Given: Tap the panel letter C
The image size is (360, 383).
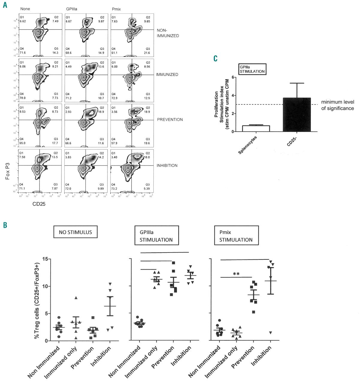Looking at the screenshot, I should [x=215, y=58].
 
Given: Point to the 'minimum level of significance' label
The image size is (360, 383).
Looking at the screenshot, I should [x=337, y=105].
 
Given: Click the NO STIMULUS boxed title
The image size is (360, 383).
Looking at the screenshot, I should [x=75, y=232].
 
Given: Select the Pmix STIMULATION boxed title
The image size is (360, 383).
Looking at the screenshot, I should [x=236, y=236].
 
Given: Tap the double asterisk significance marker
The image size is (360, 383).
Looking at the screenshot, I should [x=236, y=274].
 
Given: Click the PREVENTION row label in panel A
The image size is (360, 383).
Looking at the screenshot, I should [x=170, y=120].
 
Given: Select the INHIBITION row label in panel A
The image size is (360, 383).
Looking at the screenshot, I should [x=167, y=165].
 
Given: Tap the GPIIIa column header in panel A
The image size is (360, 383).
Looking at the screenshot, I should [x=72, y=9].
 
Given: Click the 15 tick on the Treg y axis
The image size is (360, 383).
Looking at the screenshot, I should [x=46, y=259].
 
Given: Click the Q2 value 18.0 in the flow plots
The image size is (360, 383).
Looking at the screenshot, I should [x=147, y=157].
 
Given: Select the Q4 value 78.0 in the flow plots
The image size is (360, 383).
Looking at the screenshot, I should [x=22, y=98].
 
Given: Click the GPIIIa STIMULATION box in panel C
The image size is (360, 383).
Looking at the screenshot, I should [x=252, y=69].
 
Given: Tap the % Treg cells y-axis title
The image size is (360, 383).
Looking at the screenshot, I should [x=37, y=300].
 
